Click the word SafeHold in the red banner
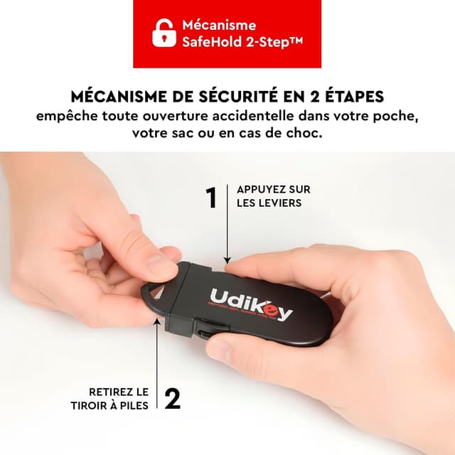point(210,43)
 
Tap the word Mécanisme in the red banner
point(219,26)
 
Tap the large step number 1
point(210,198)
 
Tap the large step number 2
point(172,398)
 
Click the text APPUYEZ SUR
point(273,190)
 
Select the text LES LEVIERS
point(269,203)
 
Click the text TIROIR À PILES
point(119,405)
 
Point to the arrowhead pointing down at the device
point(227,261)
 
